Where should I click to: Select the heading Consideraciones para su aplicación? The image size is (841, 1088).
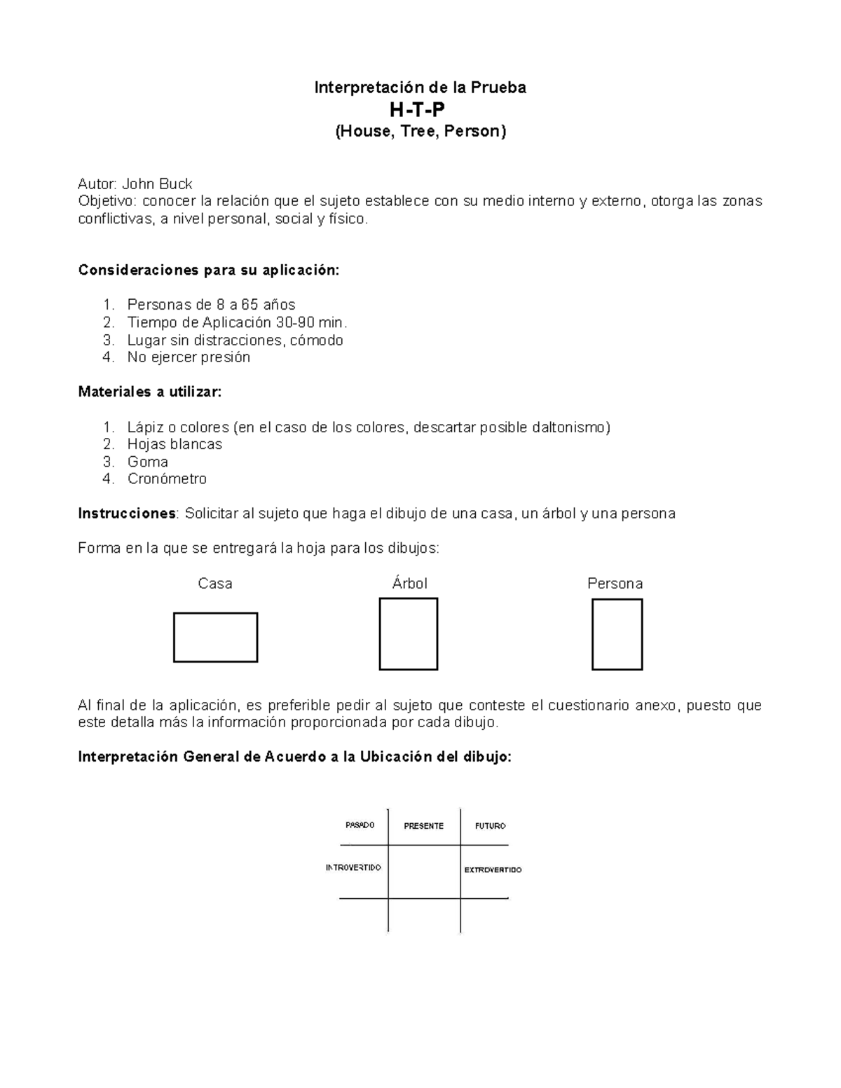coord(208,270)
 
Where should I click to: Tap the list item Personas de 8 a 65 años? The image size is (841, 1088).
coord(211,305)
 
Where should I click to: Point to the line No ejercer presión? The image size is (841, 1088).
coord(189,357)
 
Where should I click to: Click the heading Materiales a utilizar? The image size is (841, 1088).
coord(149,392)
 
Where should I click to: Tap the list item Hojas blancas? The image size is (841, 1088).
coord(175,444)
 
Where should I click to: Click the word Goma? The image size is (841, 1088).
coord(147,462)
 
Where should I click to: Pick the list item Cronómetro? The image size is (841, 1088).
coord(167,479)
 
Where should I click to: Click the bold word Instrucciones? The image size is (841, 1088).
coord(127,514)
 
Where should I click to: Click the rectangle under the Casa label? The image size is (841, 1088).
coord(215,637)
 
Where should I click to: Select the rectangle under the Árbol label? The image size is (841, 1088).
coord(408,633)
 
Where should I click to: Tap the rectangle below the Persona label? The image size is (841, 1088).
coord(617,634)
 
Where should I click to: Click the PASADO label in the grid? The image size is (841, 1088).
coord(360,825)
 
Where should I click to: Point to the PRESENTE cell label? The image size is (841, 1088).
coord(423,826)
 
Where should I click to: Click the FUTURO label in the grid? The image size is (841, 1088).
coord(490,826)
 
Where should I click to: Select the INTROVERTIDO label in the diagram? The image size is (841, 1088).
coord(353,868)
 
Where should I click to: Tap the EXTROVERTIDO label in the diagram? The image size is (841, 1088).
coord(493,870)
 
